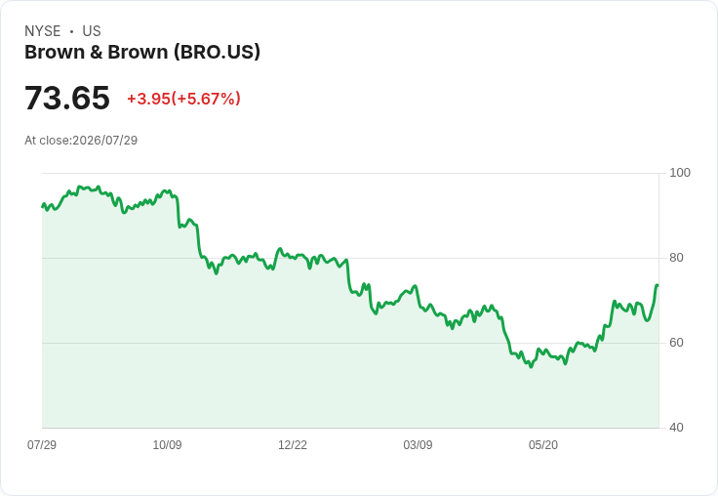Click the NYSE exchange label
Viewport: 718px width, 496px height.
[x=43, y=31]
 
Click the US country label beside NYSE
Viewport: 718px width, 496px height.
[x=92, y=31]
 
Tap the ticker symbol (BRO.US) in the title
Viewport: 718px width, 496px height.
[x=217, y=53]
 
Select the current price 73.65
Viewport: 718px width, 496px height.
[x=67, y=98]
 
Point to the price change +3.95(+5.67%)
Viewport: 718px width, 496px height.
[x=183, y=99]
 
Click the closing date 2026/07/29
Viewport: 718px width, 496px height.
[x=104, y=141]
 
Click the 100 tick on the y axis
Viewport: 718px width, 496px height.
[x=680, y=173]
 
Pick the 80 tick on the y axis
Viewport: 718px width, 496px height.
[x=676, y=258]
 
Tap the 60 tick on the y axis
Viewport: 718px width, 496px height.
[x=676, y=343]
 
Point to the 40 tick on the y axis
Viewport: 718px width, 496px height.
[x=676, y=428]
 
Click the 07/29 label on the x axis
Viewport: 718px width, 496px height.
[x=42, y=445]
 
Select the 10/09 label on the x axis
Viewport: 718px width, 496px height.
[x=167, y=445]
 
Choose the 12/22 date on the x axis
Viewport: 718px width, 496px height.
[x=293, y=445]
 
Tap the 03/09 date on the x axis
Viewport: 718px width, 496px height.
[x=418, y=445]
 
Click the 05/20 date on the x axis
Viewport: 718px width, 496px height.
[x=543, y=445]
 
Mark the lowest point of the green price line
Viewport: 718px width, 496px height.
[x=531, y=367]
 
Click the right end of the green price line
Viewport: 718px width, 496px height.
[x=658, y=285]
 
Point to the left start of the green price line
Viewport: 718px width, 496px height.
[x=43, y=207]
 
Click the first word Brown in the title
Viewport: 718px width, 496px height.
[x=55, y=53]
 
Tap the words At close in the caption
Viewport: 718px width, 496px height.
[x=47, y=141]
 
